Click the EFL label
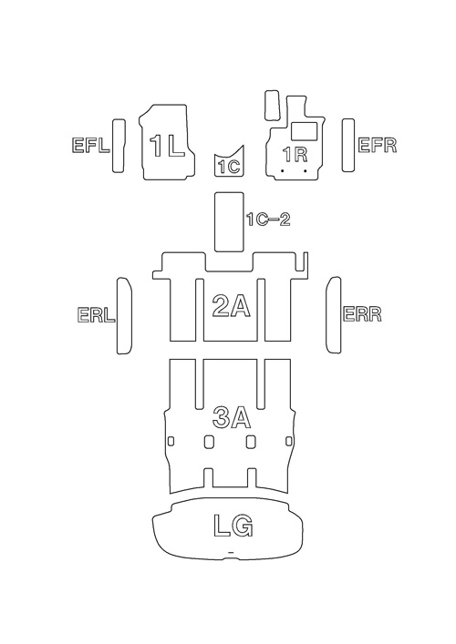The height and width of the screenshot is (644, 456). click(x=91, y=146)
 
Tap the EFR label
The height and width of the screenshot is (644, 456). click(x=378, y=146)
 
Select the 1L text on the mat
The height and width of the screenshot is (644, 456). click(x=167, y=146)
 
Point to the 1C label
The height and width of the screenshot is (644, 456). click(x=229, y=167)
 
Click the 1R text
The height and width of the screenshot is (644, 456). click(x=295, y=155)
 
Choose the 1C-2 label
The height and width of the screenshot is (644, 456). click(x=268, y=220)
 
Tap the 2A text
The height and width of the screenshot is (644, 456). click(x=231, y=306)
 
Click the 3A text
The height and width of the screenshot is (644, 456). click(x=232, y=417)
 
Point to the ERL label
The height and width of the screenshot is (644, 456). click(x=96, y=315)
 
